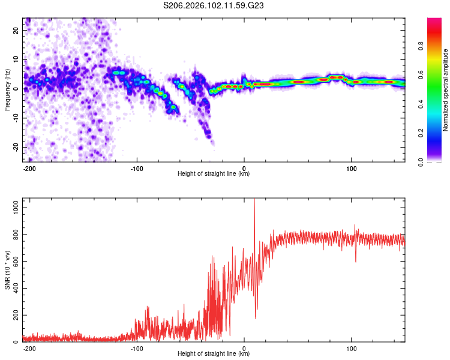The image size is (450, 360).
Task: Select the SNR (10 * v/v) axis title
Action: click(x=7, y=271)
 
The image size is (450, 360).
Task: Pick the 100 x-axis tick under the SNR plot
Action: click(x=350, y=347)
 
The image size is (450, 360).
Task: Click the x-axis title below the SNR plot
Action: click(x=214, y=354)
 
